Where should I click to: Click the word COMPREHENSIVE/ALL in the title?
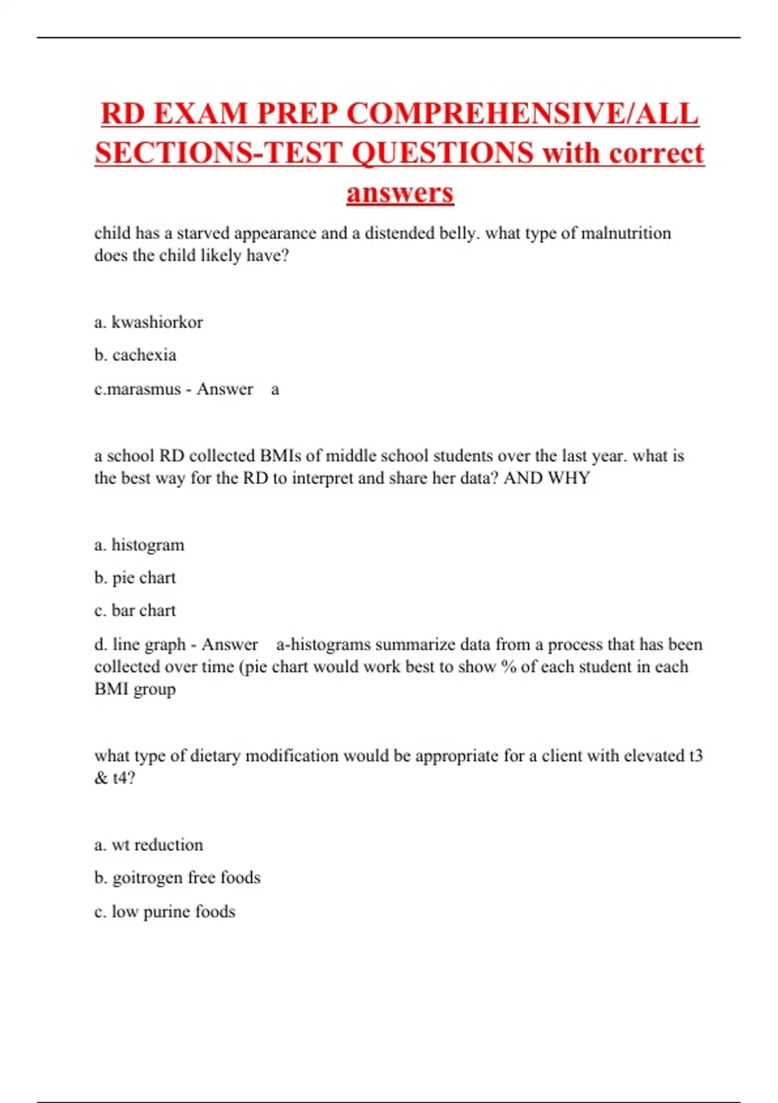tap(523, 114)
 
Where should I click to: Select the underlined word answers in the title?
tap(400, 193)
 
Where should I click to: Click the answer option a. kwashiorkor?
tap(148, 322)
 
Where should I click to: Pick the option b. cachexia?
tap(135, 355)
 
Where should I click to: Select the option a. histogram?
tap(139, 544)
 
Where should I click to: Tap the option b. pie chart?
tap(135, 577)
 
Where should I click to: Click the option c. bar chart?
tap(135, 611)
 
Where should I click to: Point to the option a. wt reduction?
tap(148, 845)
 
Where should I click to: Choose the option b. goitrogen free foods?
tap(177, 878)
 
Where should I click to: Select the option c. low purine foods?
tap(165, 912)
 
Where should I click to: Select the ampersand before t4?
tap(100, 778)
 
